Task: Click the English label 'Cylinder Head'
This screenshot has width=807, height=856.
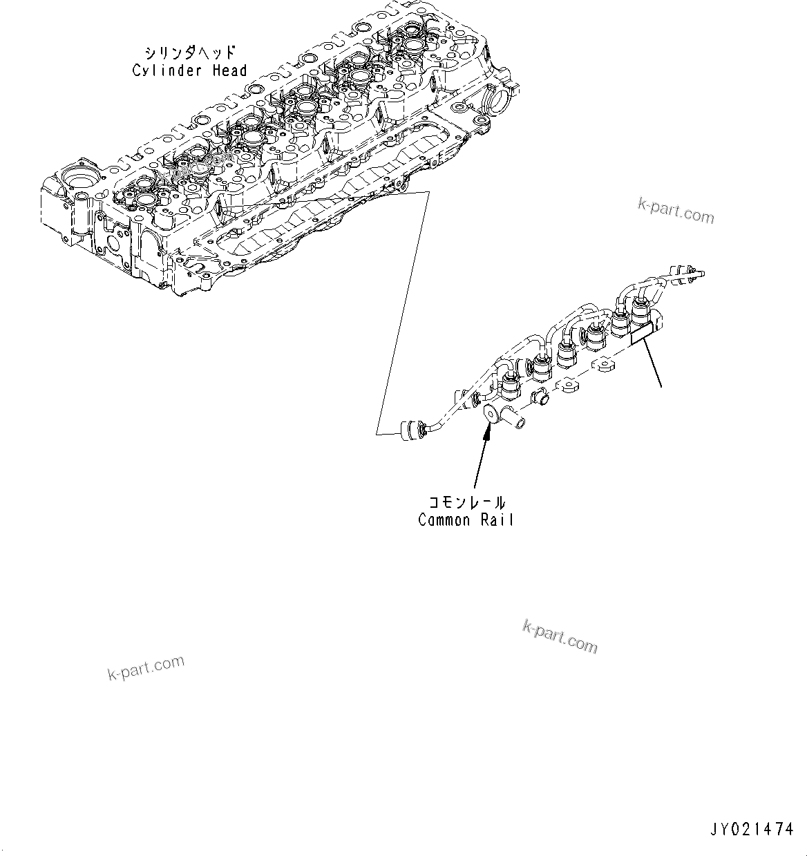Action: pyautogui.click(x=189, y=70)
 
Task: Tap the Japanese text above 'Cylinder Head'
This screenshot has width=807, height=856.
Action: pyautogui.click(x=189, y=53)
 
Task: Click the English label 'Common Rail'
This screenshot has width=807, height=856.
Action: pyautogui.click(x=466, y=520)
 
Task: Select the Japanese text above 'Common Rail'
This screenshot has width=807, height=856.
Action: pyautogui.click(x=466, y=502)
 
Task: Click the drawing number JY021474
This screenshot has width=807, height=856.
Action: pyautogui.click(x=750, y=828)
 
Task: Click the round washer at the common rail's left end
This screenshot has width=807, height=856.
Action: pyautogui.click(x=490, y=415)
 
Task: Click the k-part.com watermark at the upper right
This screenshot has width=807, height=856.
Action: pyautogui.click(x=676, y=211)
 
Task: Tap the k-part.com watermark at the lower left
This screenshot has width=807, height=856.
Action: pyautogui.click(x=146, y=667)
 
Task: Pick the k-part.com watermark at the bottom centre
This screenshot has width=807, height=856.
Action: pyautogui.click(x=560, y=636)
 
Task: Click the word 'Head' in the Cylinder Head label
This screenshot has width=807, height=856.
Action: pyautogui.click(x=229, y=70)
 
